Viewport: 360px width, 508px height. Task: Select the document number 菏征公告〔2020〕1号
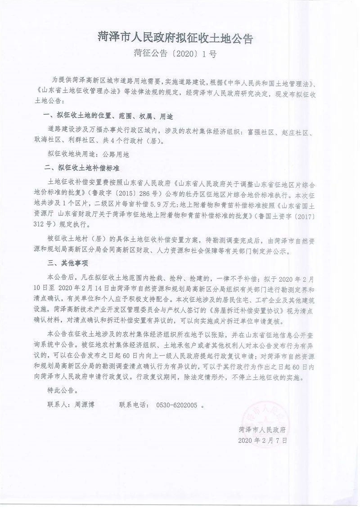pos(175,54)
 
